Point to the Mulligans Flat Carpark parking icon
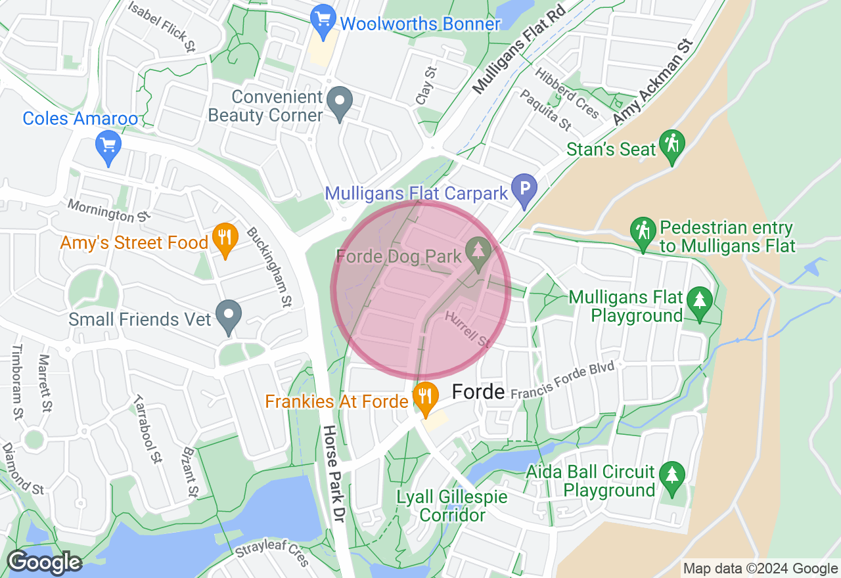(x=524, y=189)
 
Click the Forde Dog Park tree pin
(x=478, y=252)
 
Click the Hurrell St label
(x=468, y=330)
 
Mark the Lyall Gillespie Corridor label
(x=452, y=506)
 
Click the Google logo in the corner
(x=44, y=562)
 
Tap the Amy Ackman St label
(x=653, y=83)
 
